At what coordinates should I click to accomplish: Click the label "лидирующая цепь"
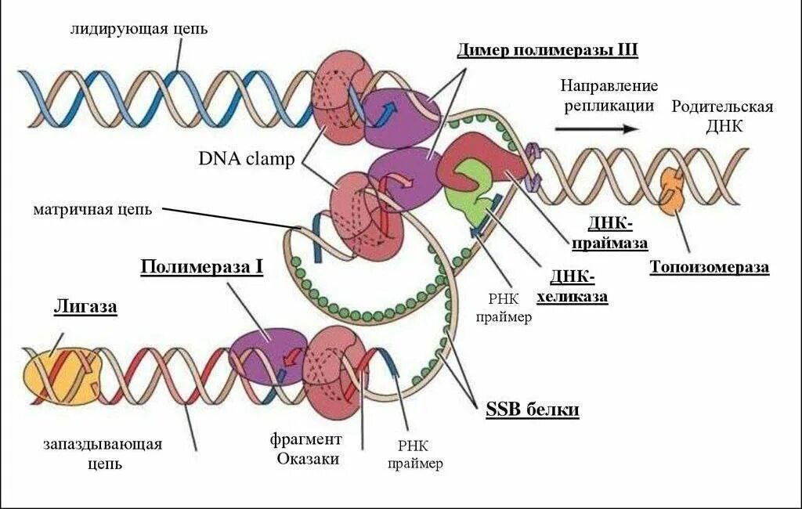(139, 29)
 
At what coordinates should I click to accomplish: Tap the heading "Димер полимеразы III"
(547, 51)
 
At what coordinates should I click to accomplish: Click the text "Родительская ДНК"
(722, 116)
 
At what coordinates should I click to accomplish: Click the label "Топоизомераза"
(709, 267)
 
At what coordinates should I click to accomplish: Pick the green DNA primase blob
(468, 188)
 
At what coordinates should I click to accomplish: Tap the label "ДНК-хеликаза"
(573, 287)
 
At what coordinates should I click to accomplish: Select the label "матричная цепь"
(92, 210)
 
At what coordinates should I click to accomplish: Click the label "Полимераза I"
(201, 267)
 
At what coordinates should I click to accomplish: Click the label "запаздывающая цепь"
(103, 453)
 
